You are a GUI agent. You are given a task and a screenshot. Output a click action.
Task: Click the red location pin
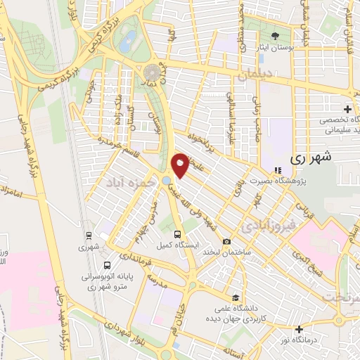tap(181, 165)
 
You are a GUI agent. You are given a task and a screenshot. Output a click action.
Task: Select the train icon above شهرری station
tap(88, 236)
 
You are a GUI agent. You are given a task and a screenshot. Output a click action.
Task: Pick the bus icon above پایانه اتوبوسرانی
tap(106, 265)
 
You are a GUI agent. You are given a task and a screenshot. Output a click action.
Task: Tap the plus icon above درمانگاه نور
tap(300, 328)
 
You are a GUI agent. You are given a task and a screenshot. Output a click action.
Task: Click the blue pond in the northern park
tap(128, 41)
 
